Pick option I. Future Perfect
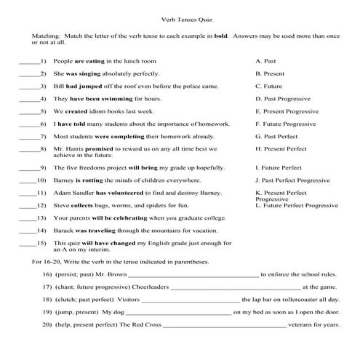click(281, 167)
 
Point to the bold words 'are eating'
click(90, 62)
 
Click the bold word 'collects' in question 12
click(83, 206)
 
